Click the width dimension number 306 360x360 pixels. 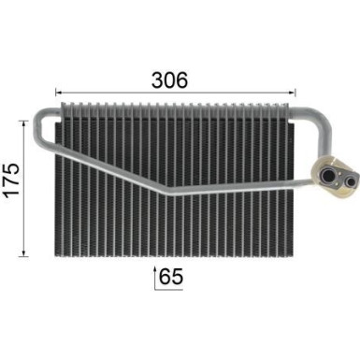pos(171,80)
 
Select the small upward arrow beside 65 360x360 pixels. pos(154,277)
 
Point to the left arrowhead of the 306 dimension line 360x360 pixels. pos(59,93)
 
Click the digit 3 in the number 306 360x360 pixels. pos(156,80)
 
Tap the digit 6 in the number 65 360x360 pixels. pos(165,277)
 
